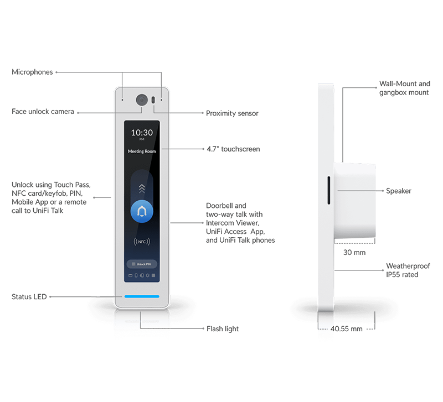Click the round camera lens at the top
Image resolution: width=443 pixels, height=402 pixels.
click(142, 100)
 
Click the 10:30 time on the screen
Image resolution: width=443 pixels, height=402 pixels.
click(142, 133)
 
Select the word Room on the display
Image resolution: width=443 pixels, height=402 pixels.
click(151, 151)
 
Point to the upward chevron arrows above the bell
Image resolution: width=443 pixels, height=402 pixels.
click(142, 188)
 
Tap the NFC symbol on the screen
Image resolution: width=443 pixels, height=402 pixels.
click(142, 242)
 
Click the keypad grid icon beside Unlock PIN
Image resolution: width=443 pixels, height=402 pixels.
click(133, 264)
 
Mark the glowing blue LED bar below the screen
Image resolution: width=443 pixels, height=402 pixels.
click(142, 296)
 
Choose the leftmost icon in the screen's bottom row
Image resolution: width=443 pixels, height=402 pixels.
click(130, 275)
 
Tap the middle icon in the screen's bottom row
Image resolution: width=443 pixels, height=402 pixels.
click(142, 275)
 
